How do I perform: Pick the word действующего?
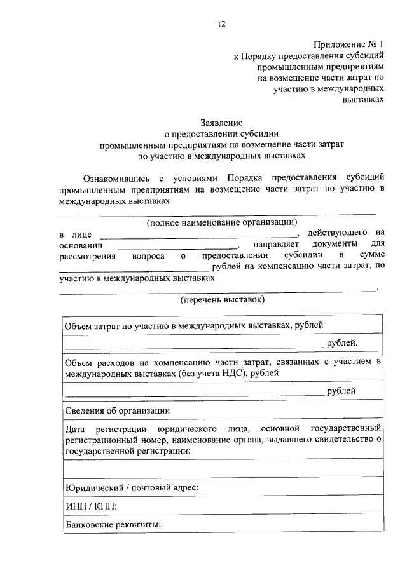337,233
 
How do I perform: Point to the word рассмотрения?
87,255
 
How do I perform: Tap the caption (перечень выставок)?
222,299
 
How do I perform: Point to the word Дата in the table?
75,428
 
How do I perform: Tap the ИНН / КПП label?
91,506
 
